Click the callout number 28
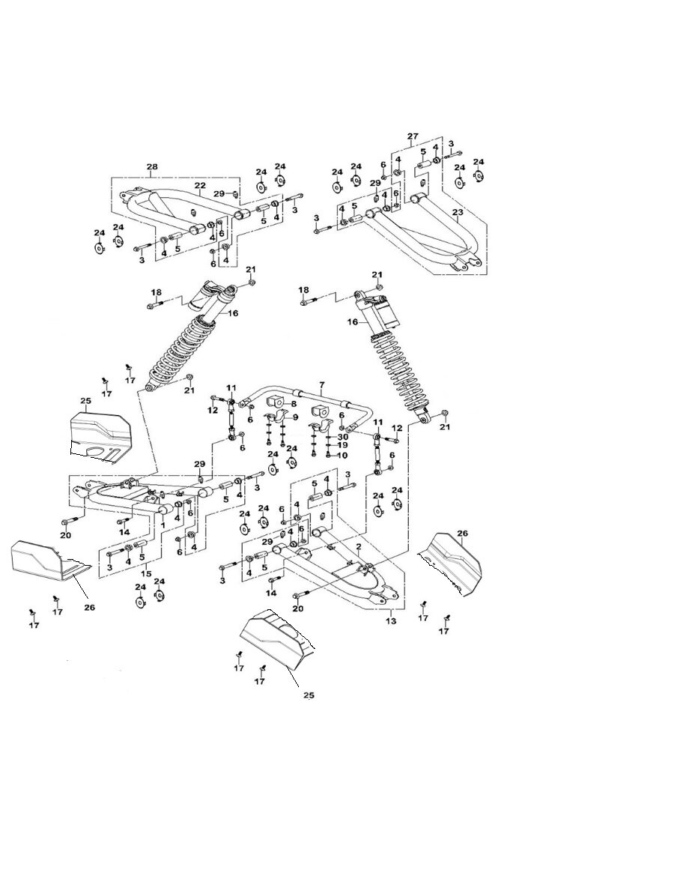click(153, 166)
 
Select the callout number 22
click(200, 186)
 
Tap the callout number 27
click(412, 136)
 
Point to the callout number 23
click(458, 213)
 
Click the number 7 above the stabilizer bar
click(322, 385)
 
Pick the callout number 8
click(294, 403)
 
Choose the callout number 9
click(295, 417)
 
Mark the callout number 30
click(343, 436)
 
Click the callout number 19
click(343, 445)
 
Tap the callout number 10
click(343, 455)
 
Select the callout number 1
click(163, 525)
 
